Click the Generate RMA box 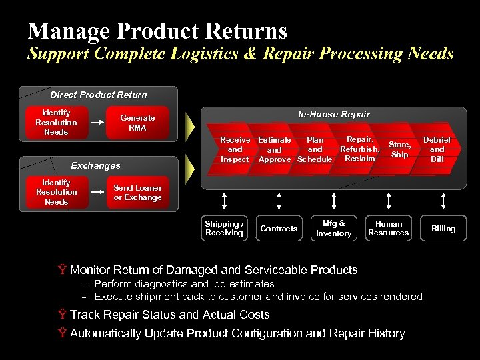[x=137, y=123]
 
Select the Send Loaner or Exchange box [x=137, y=193]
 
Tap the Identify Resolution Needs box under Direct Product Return [x=56, y=123]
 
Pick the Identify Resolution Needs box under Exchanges [x=56, y=192]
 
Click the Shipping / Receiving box [x=224, y=229]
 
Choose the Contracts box [x=279, y=229]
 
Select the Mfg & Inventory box [x=333, y=229]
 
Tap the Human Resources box [x=388, y=229]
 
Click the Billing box [x=443, y=229]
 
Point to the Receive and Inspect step [x=234, y=149]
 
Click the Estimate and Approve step [x=275, y=149]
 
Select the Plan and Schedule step [x=315, y=149]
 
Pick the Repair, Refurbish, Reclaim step [x=359, y=149]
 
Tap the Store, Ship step [x=399, y=149]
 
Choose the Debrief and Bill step [x=437, y=149]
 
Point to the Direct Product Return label [x=99, y=95]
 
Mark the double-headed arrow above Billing [x=443, y=200]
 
